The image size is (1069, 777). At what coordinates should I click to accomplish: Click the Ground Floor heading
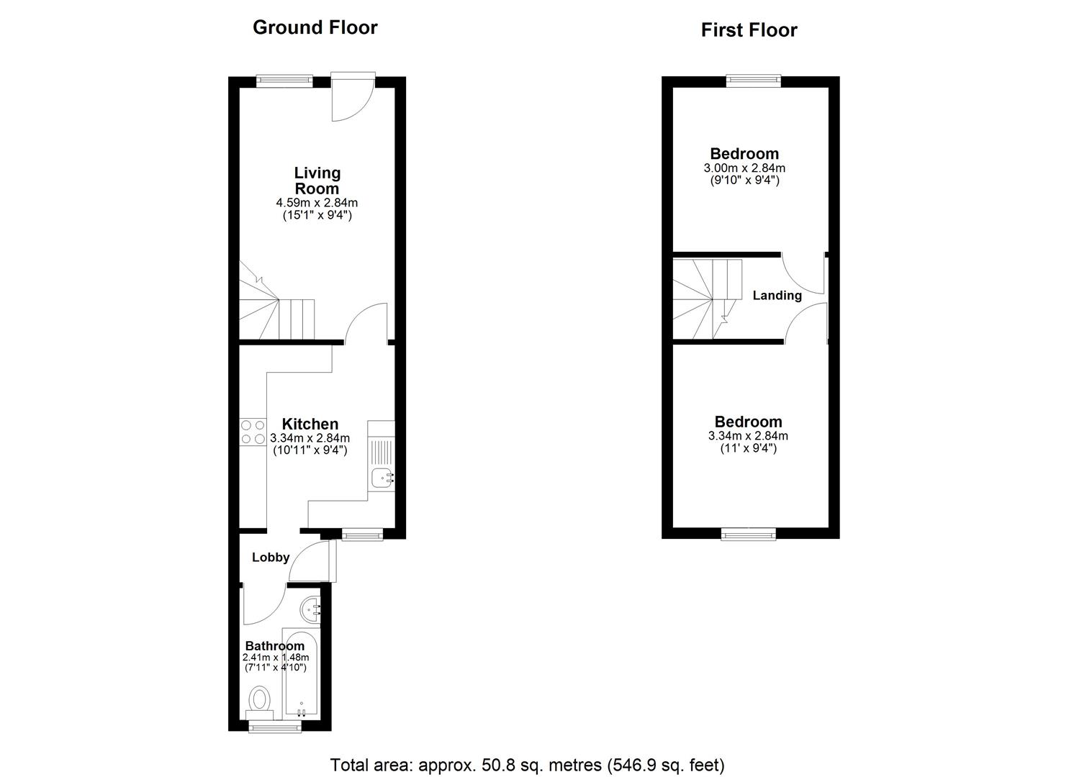click(315, 27)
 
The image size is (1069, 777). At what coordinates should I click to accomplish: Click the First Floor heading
click(749, 30)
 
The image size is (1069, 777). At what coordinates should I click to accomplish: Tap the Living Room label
click(317, 181)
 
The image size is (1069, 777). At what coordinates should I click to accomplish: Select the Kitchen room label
click(310, 424)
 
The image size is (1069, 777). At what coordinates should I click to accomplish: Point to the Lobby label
click(271, 557)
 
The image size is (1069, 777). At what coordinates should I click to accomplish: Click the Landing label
click(777, 295)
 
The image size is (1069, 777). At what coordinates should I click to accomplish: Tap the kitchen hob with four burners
click(253, 432)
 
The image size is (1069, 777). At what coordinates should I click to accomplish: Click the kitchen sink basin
click(382, 478)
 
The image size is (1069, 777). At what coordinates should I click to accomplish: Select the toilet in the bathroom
click(260, 704)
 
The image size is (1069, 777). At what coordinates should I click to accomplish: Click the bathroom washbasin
click(311, 609)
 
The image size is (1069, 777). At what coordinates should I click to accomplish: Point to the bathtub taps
click(301, 713)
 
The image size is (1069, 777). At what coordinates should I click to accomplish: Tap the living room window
click(284, 81)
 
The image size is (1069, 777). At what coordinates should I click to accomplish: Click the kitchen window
click(363, 535)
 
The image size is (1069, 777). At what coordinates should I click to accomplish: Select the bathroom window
click(276, 727)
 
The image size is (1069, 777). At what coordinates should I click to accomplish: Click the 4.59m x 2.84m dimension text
click(317, 203)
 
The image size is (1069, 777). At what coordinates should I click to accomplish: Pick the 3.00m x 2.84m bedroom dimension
click(744, 168)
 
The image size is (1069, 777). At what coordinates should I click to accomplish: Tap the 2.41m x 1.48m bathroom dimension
click(276, 658)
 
